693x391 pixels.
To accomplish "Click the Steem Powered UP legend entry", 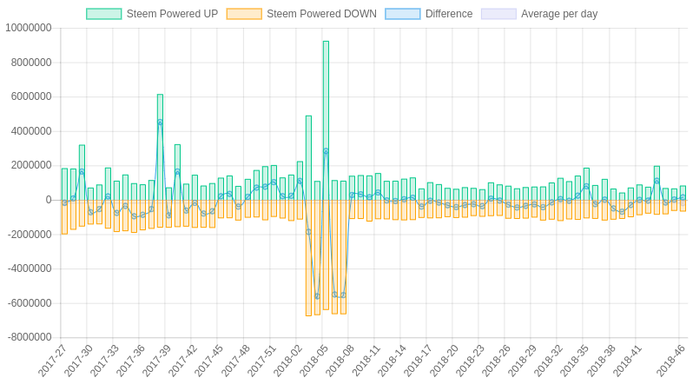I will click(172, 14).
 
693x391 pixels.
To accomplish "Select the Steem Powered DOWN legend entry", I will click(321, 14).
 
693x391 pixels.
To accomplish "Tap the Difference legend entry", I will click(448, 14).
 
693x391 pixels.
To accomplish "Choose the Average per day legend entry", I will click(558, 14).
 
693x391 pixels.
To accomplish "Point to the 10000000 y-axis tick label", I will click(29, 28).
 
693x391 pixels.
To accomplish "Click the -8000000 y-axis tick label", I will click(29, 338).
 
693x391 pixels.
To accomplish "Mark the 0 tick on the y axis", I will click(49, 200).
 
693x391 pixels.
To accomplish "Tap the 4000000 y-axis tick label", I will click(31, 131).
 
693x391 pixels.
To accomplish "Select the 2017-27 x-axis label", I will click(53, 361).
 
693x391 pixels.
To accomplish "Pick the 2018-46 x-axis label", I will click(670, 361).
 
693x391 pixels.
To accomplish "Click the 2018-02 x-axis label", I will click(288, 361).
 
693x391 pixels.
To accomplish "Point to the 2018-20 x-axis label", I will click(445, 361).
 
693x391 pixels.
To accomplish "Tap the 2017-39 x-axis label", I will click(157, 361).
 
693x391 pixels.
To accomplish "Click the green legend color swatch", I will click(103, 14).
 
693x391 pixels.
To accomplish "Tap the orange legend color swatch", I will click(244, 14).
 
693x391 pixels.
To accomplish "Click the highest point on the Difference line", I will click(160, 123).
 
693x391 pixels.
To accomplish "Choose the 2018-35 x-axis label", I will click(575, 361).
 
